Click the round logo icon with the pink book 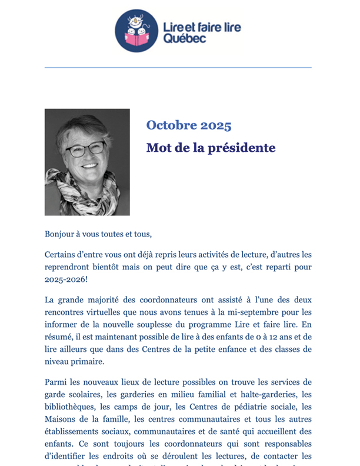pyautogui.click(x=136, y=31)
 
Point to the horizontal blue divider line pyautogui.click(x=178, y=68)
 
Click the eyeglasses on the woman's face pyautogui.click(x=85, y=149)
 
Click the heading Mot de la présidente pyautogui.click(x=211, y=148)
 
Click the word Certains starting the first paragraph pyautogui.click(x=62, y=254)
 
